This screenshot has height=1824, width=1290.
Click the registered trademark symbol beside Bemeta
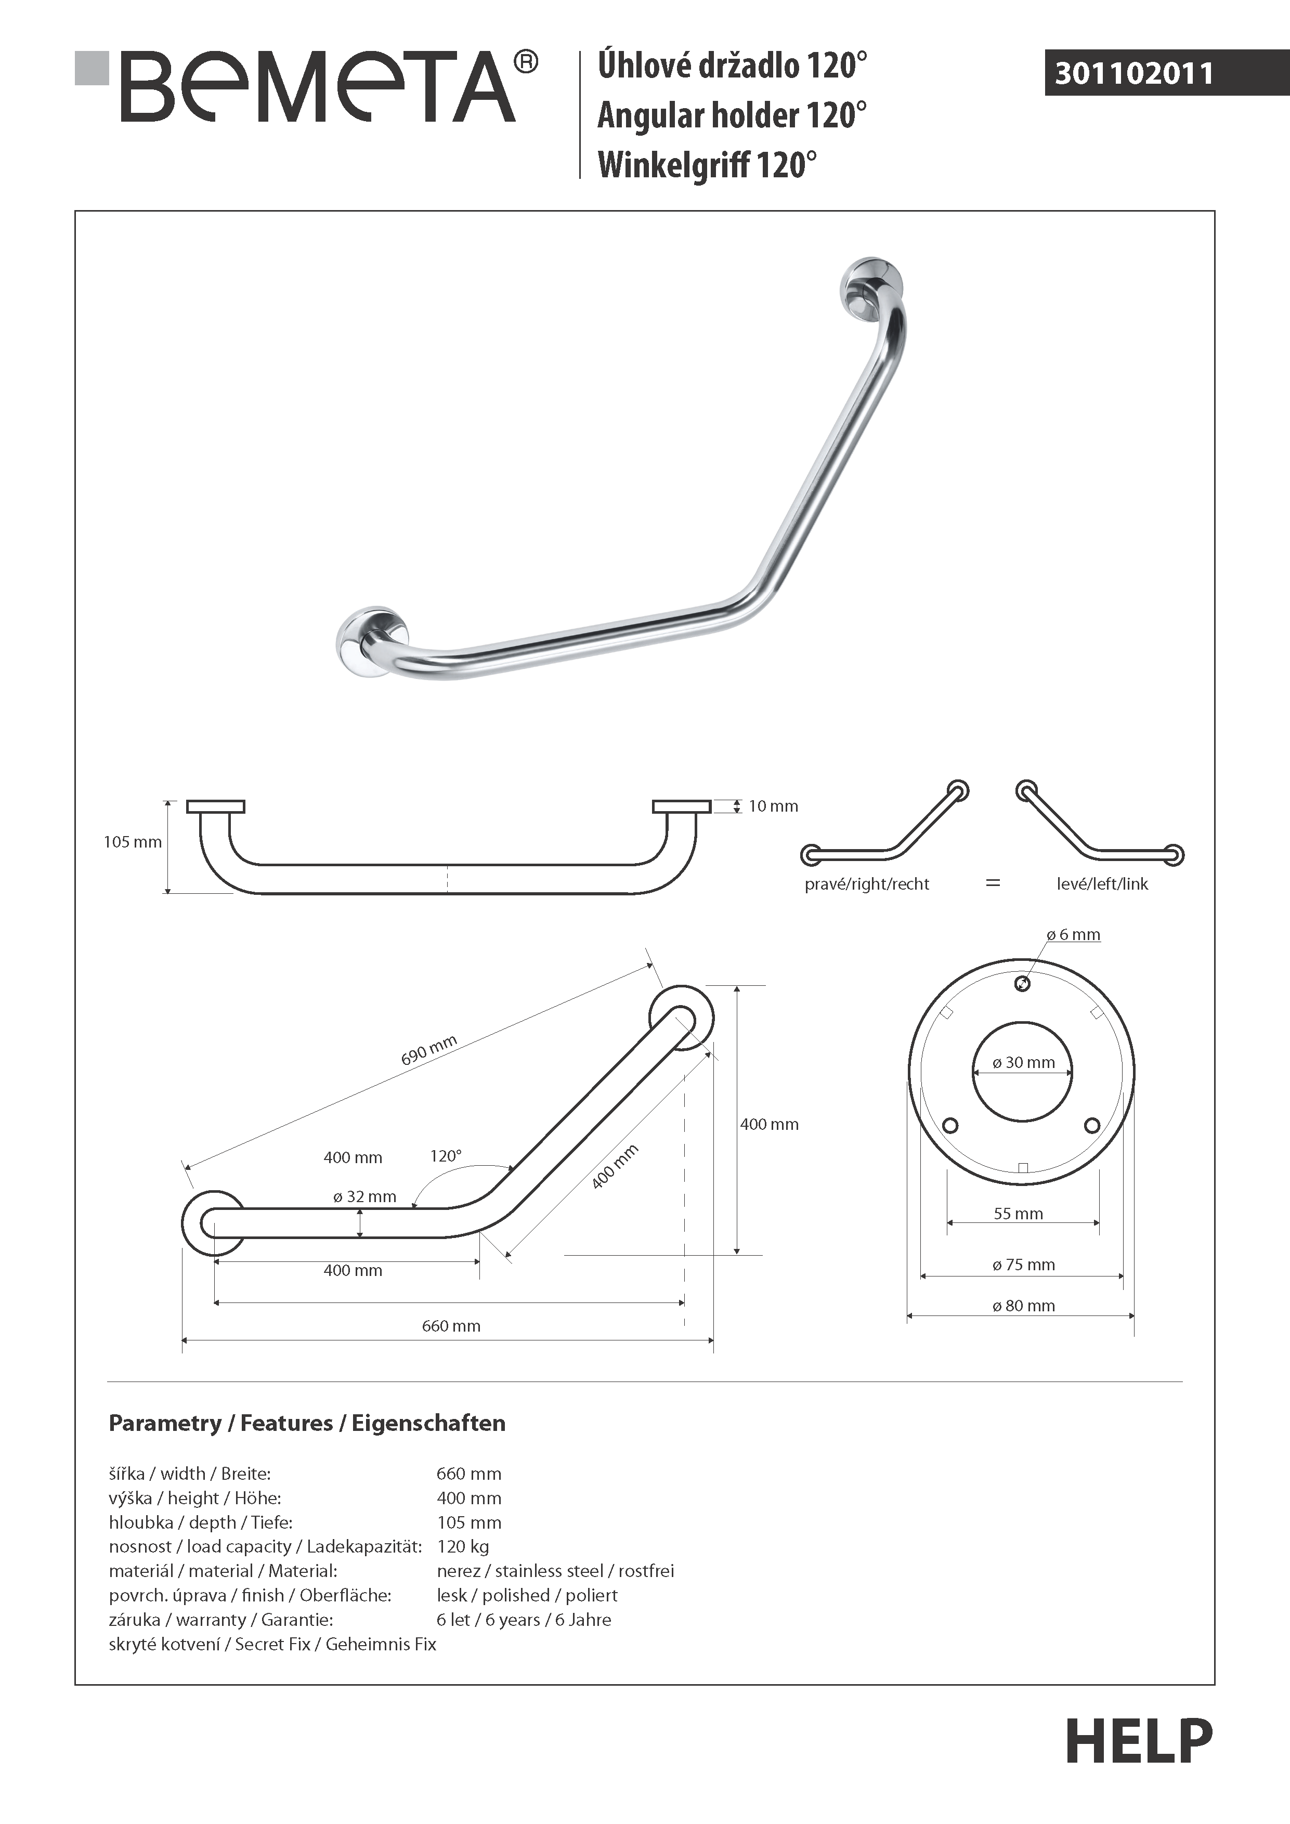(x=526, y=62)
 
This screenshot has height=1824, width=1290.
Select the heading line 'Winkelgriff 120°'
(x=707, y=165)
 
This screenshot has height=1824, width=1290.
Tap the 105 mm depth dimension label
(x=132, y=842)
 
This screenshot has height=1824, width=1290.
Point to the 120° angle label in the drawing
(x=446, y=1156)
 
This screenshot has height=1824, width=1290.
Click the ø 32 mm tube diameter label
(x=364, y=1196)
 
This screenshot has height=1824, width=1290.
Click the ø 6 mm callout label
(x=1073, y=935)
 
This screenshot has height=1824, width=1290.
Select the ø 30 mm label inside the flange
(x=1023, y=1063)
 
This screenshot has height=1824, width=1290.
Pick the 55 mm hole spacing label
(x=1019, y=1213)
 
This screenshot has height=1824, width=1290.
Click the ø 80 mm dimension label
(x=1023, y=1305)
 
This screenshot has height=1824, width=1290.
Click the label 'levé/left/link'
(x=1102, y=884)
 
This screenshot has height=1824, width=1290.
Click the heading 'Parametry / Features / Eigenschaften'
(x=307, y=1423)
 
